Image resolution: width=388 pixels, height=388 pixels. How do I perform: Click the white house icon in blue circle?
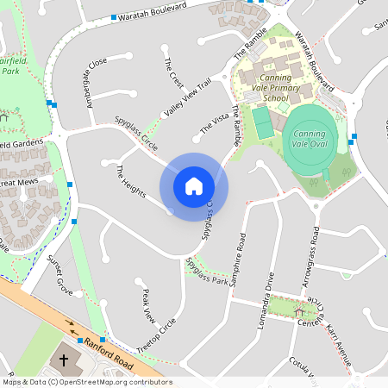coord(194,185)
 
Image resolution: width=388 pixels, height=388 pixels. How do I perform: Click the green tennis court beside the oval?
coord(263,123)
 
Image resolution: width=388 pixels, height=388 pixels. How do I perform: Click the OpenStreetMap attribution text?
coord(86,382)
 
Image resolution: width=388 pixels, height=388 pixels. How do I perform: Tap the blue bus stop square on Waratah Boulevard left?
coord(113,17)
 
